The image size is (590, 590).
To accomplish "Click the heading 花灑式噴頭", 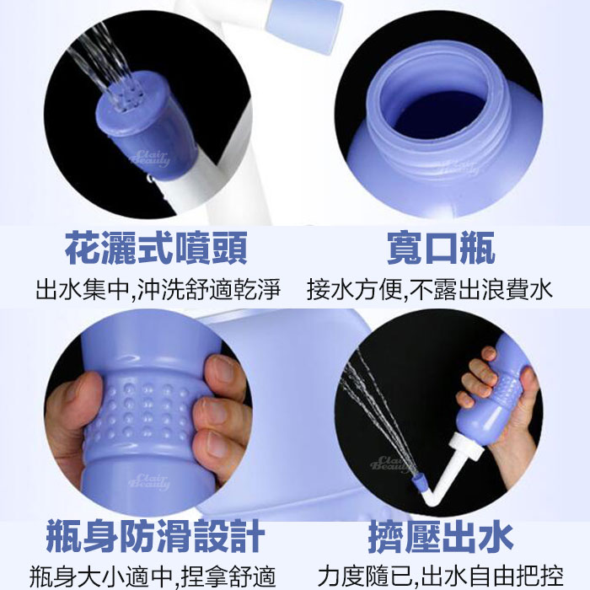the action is [156, 249].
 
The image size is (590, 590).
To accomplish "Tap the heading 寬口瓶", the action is [441, 249].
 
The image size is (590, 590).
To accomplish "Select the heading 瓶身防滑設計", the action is [155, 536].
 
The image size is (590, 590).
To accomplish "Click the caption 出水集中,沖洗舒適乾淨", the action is [158, 289].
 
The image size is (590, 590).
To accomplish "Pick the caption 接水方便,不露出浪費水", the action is [430, 289].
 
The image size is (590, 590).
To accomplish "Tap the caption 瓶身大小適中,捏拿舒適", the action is [153, 576].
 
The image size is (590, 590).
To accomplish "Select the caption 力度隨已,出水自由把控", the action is [441, 576].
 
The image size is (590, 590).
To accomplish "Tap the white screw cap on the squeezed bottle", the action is [468, 446].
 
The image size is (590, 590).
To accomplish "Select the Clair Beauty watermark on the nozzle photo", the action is [150, 158].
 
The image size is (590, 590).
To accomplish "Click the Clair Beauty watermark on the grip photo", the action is [149, 482].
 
